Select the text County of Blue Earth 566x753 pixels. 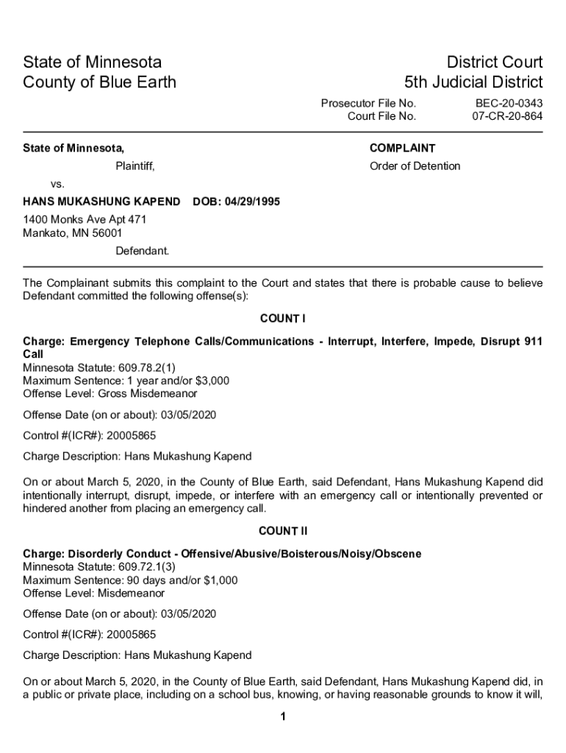(x=99, y=82)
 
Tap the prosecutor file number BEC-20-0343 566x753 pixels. (x=509, y=104)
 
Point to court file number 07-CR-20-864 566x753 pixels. (x=507, y=116)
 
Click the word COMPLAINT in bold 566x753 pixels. (x=402, y=149)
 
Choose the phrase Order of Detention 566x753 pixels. (x=415, y=166)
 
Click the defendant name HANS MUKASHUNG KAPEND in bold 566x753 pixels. (x=101, y=201)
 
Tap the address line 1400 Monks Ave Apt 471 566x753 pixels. (x=85, y=219)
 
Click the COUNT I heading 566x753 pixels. (x=282, y=319)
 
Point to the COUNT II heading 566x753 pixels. (x=282, y=531)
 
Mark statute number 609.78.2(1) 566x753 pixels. (x=140, y=367)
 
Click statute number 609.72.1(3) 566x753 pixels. (x=140, y=567)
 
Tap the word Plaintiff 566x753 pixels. (x=135, y=166)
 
